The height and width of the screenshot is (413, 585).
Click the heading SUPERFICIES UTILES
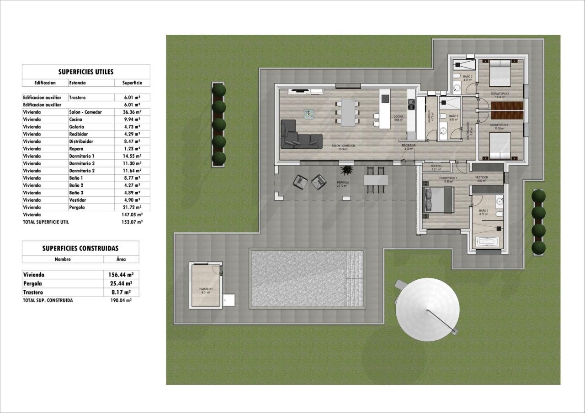tap(86, 72)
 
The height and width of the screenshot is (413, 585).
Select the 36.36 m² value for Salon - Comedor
tap(132, 112)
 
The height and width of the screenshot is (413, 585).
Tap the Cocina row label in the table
tap(76, 119)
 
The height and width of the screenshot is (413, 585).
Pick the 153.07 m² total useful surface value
tap(132, 222)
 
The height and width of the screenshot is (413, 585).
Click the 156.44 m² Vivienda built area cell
tap(121, 275)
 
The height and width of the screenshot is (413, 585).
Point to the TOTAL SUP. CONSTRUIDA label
tap(48, 300)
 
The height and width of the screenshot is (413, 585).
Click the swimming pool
tap(308, 278)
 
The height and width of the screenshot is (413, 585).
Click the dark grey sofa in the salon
tap(299, 135)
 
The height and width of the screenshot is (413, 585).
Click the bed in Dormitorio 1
tap(439, 200)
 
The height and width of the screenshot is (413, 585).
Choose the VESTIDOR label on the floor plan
tap(481, 178)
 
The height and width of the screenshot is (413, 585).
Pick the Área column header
tap(121, 259)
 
